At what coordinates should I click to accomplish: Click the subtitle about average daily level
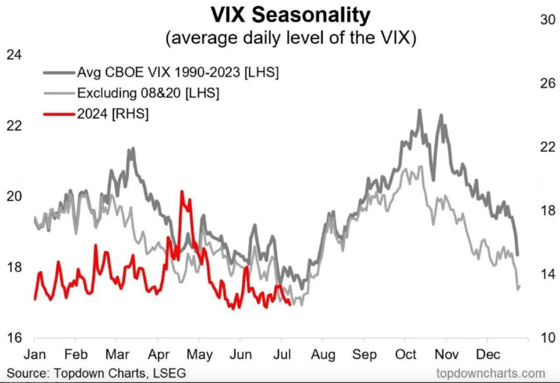(x=281, y=38)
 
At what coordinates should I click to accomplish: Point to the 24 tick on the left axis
(x=12, y=55)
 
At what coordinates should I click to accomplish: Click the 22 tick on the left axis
(x=12, y=125)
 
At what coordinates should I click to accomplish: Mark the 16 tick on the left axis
(x=12, y=338)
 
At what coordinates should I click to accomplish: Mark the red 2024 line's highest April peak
(x=182, y=191)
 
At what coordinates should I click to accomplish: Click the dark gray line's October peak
(x=419, y=110)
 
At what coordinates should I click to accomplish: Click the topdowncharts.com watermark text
(x=483, y=373)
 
